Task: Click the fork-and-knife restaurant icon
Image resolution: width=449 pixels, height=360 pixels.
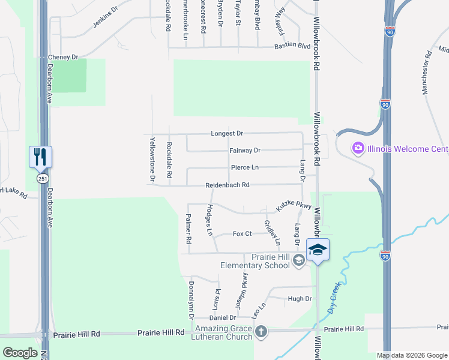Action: tap(40, 157)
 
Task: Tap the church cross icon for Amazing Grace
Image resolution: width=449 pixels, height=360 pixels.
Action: tap(261, 331)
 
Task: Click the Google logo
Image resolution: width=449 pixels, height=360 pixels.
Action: tap(20, 353)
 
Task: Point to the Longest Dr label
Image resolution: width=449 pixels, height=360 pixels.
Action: tap(227, 133)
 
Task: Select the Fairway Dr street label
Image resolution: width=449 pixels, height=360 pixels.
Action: tap(245, 151)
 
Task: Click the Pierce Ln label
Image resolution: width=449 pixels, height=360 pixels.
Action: tap(245, 168)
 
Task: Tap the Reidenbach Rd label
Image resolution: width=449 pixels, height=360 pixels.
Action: tap(227, 185)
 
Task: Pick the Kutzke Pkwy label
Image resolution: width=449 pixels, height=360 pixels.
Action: tap(294, 205)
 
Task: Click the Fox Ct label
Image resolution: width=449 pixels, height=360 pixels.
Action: tap(242, 233)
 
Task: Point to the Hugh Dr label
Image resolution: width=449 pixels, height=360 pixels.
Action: tap(300, 298)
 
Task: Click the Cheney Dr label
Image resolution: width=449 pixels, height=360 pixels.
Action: tap(63, 57)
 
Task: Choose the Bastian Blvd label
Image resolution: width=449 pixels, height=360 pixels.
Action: tap(292, 46)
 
